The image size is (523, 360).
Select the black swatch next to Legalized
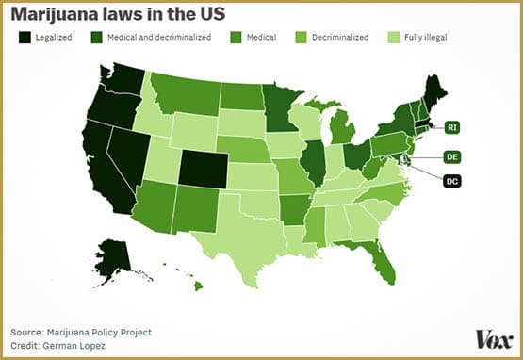point(23,37)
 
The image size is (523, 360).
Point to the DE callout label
point(452,156)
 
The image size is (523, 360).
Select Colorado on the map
point(202,168)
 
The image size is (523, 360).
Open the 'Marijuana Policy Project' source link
point(101,332)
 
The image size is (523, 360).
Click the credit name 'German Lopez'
point(79,346)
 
